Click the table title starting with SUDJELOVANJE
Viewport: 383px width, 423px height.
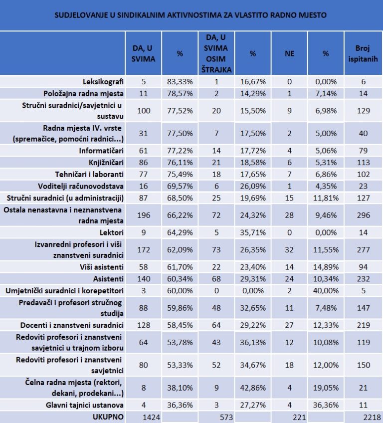click(x=191, y=15)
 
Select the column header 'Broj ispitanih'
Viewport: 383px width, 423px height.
click(x=363, y=53)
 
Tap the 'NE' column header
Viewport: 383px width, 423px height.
click(x=289, y=53)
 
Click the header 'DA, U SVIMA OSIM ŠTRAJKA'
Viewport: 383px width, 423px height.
click(x=216, y=53)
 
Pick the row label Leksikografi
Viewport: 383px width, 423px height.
click(x=103, y=81)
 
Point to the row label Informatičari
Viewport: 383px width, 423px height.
click(x=101, y=151)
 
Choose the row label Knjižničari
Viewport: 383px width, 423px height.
click(x=106, y=163)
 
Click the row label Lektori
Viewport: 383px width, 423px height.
click(x=111, y=232)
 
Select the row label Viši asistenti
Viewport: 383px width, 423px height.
click(x=102, y=267)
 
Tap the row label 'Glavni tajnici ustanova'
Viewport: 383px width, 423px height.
click(x=85, y=405)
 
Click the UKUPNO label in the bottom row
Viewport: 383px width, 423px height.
click(x=108, y=417)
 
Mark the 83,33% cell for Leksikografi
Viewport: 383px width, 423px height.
click(x=180, y=81)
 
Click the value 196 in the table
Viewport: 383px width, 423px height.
click(x=144, y=215)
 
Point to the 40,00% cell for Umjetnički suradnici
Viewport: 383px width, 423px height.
click(x=326, y=291)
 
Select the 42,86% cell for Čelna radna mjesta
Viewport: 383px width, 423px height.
click(x=253, y=388)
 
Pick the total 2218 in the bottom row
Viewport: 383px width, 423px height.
click(x=372, y=418)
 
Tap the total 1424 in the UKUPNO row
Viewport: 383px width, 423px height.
click(x=151, y=418)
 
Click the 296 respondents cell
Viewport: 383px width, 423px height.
click(x=364, y=215)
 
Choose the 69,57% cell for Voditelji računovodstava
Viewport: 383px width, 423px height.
click(x=180, y=186)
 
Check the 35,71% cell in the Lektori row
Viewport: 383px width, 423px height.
click(x=253, y=232)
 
